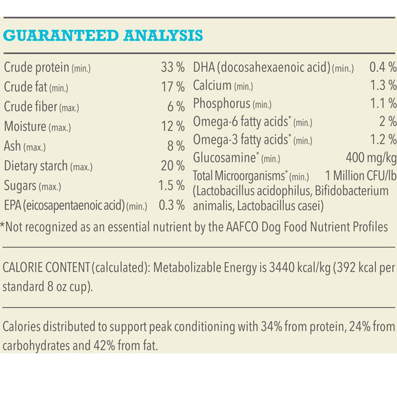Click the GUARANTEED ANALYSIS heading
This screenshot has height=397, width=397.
[103, 36]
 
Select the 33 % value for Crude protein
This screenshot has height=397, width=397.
[172, 68]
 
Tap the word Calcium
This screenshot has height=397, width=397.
[212, 86]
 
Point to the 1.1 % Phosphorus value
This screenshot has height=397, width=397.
[382, 104]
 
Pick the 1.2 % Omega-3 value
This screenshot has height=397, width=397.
[382, 140]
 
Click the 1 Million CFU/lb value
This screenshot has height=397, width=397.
[357, 175]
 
